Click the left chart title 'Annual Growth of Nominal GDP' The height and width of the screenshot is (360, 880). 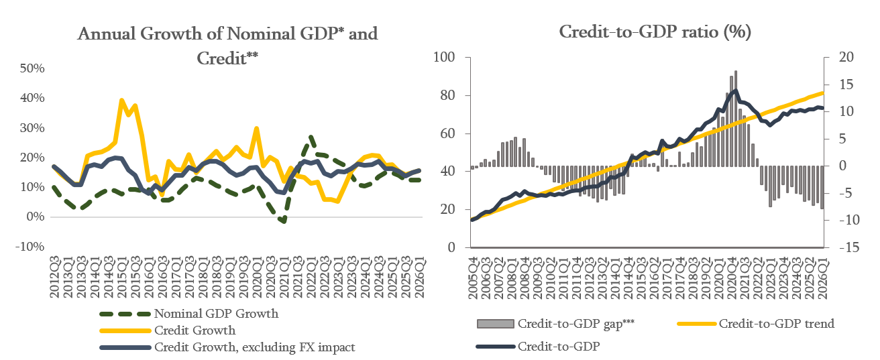207,34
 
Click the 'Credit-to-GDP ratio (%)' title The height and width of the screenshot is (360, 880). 655,32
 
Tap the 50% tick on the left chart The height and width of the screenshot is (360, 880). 32,68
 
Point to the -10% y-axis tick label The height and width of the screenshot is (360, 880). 30,247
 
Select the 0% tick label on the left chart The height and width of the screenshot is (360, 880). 36,217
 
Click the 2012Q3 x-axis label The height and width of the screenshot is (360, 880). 54,277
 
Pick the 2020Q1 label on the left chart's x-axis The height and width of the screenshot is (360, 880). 257,277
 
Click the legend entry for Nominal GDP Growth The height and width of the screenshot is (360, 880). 189,314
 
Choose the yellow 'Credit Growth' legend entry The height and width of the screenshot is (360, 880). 168,331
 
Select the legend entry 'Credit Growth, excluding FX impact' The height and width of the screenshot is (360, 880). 227,347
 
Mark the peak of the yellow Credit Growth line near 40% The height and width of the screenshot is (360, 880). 122,100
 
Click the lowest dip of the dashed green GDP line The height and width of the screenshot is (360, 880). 284,221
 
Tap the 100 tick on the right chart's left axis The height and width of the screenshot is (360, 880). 444,57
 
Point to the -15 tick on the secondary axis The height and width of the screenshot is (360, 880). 849,247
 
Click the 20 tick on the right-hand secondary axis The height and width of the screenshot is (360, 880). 846,57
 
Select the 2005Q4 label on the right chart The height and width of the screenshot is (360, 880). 474,278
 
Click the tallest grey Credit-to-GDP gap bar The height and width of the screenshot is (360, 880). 735,118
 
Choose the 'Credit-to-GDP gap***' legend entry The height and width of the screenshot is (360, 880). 556,324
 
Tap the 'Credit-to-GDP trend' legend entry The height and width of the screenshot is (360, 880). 756,324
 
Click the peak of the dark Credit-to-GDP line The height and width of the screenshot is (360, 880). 735,91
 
